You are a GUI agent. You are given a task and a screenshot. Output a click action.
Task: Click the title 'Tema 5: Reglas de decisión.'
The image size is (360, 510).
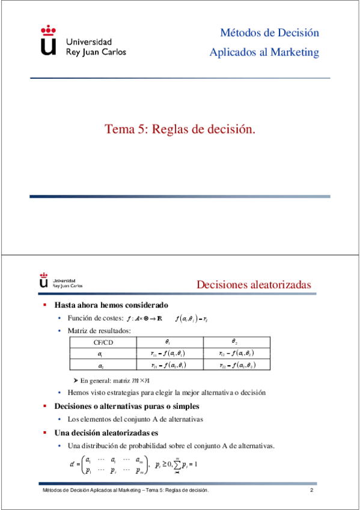pos(180,129)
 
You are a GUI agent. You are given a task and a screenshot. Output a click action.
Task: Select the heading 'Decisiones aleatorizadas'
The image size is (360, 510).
pos(254,284)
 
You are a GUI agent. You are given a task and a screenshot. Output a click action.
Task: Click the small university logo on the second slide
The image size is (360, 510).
pos(44,281)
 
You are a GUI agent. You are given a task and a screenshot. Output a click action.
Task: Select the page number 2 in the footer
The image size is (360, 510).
pos(312,491)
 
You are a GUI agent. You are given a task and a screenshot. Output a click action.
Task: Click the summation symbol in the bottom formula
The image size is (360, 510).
pos(177,464)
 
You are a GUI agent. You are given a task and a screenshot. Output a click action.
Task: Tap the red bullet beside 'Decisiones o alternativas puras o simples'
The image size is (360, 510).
pos(44,405)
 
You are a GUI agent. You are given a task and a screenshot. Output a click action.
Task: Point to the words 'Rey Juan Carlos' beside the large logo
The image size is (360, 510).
pos(95,52)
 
